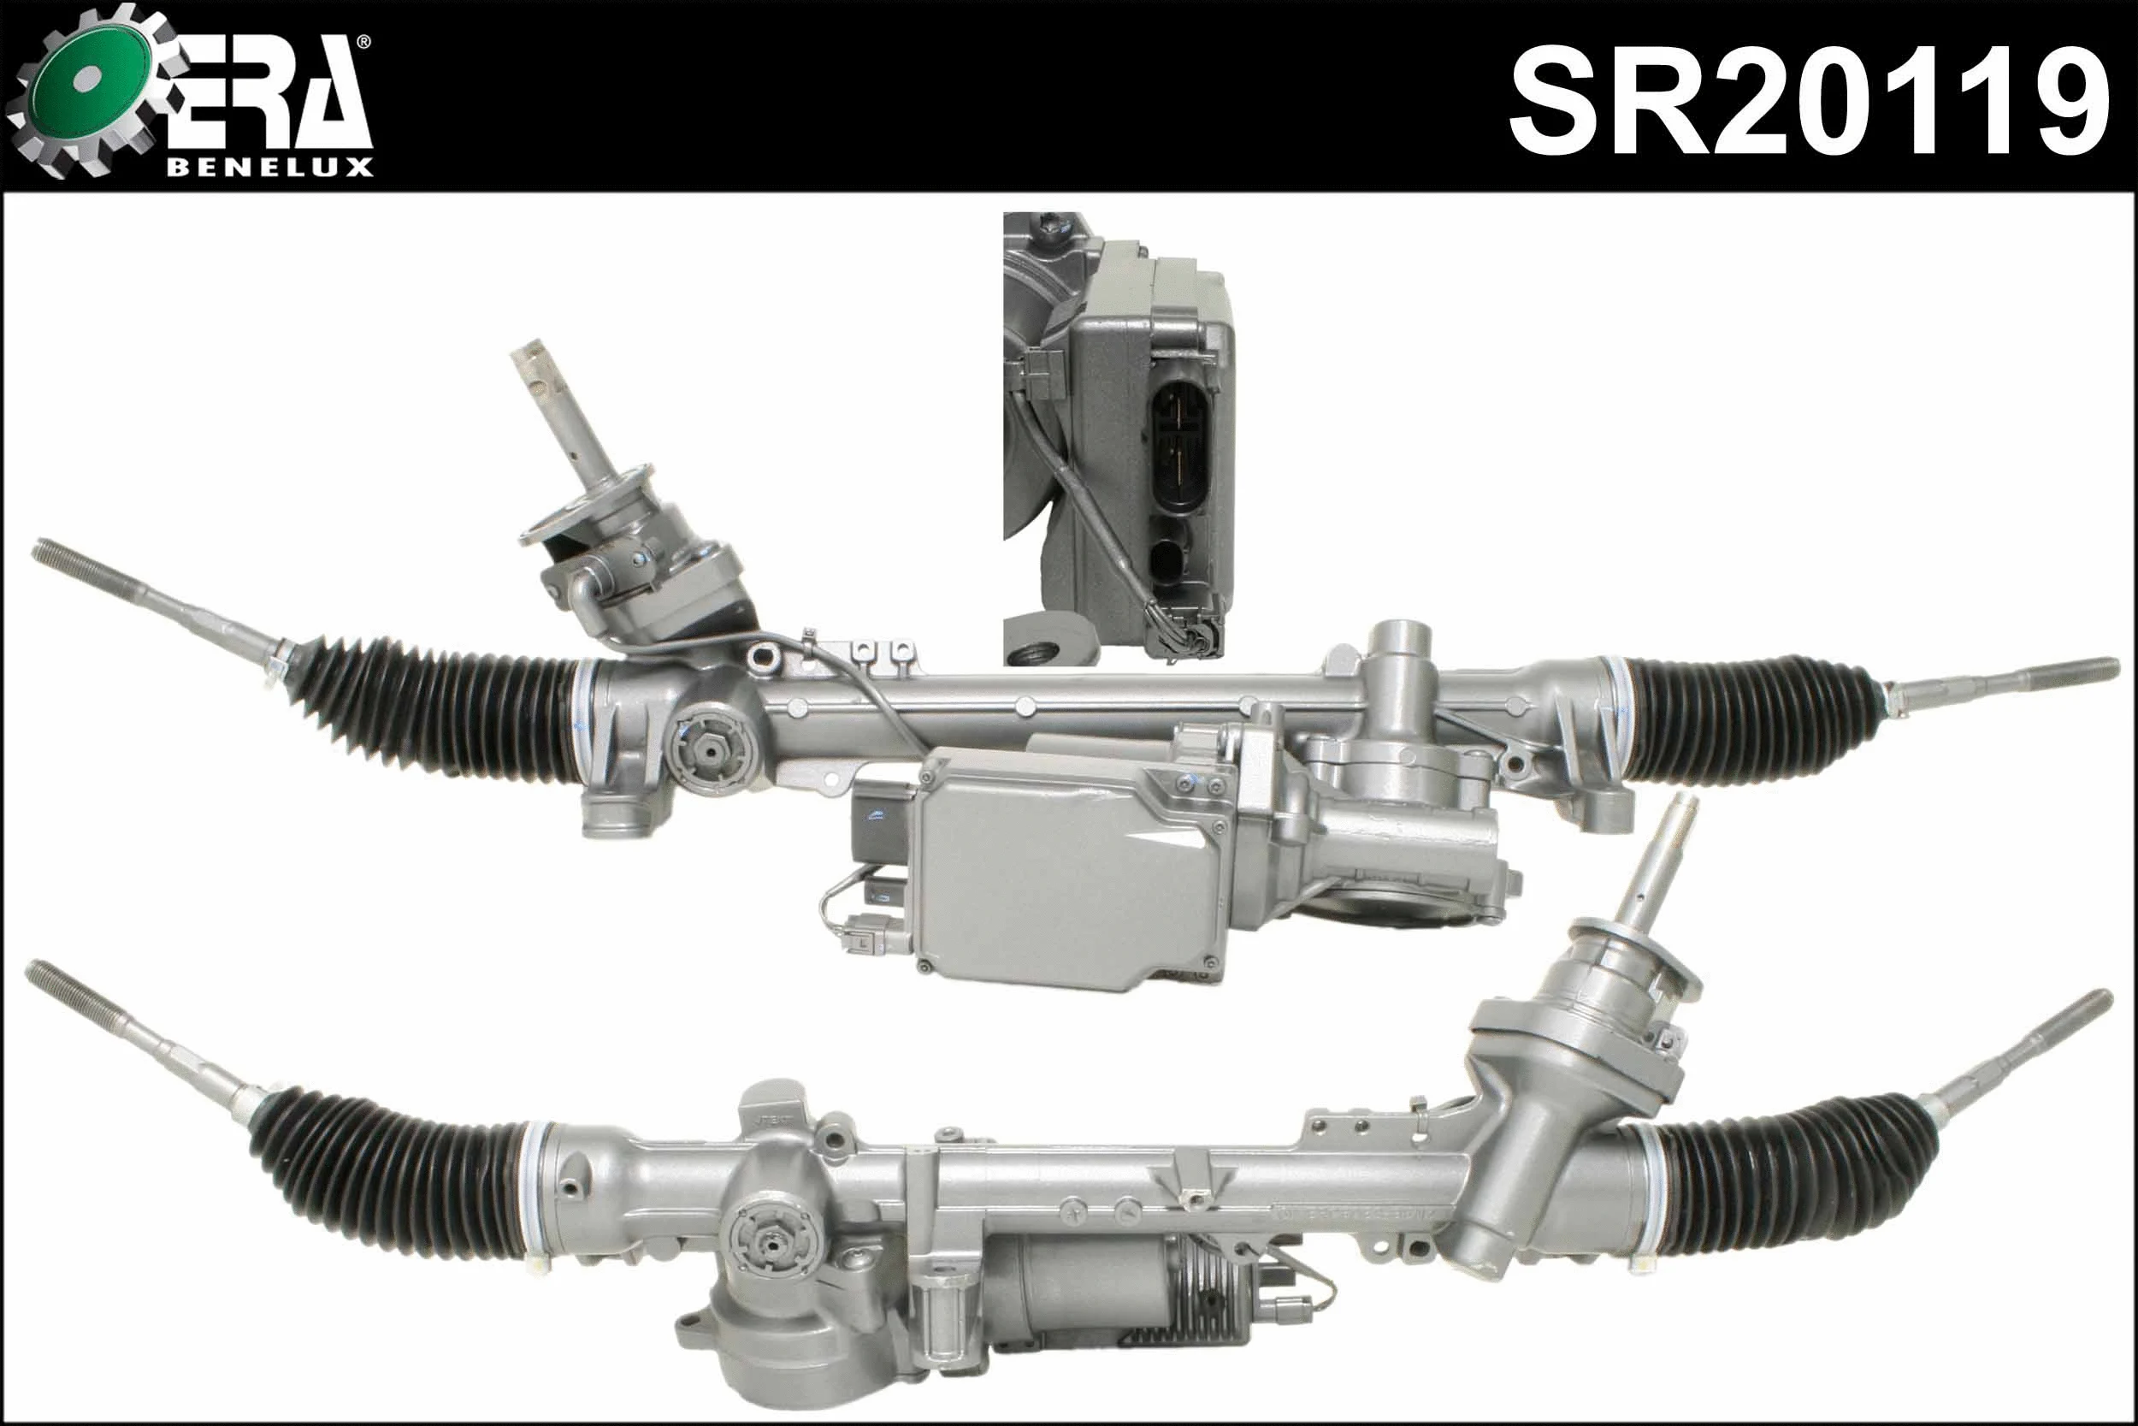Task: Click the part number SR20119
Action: (1808, 102)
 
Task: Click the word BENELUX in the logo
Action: (269, 168)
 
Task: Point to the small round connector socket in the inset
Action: (1170, 559)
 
